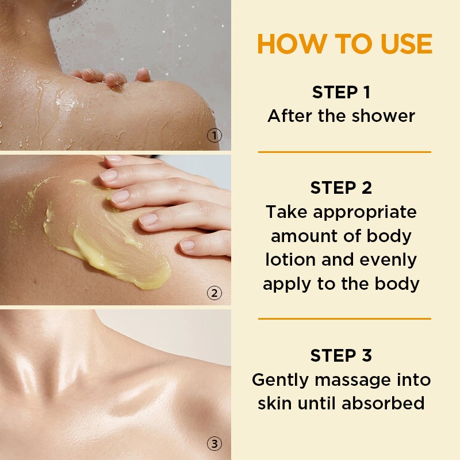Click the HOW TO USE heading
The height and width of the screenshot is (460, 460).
344,44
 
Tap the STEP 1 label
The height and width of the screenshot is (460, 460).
341,92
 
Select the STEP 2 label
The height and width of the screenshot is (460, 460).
341,187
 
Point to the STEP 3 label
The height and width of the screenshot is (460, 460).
341,355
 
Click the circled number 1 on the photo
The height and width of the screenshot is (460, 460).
214,136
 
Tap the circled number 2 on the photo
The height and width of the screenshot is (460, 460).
214,293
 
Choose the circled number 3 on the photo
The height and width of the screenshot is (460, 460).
214,444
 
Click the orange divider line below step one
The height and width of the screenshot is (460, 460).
344,152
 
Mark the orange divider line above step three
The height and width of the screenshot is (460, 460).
344,318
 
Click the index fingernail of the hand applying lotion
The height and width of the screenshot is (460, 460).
109,175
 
